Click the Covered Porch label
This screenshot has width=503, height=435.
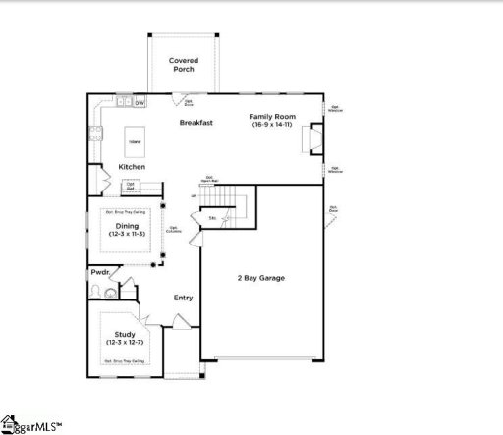[183, 65]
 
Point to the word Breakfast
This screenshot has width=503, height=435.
[197, 123]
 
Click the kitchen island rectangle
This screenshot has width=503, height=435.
[134, 141]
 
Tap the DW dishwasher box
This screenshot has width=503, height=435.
[140, 102]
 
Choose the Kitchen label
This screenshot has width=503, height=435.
[133, 167]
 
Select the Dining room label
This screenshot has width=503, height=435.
[126, 226]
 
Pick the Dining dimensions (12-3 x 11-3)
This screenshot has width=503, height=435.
[126, 235]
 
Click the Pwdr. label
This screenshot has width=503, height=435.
[100, 272]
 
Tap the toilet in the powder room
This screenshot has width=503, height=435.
[111, 290]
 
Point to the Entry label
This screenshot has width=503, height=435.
[183, 298]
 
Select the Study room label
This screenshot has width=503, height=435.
[125, 334]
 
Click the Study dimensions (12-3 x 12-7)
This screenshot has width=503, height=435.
[125, 343]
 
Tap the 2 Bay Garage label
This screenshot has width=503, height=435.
[259, 278]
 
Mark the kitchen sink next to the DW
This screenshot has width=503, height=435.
[124, 102]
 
